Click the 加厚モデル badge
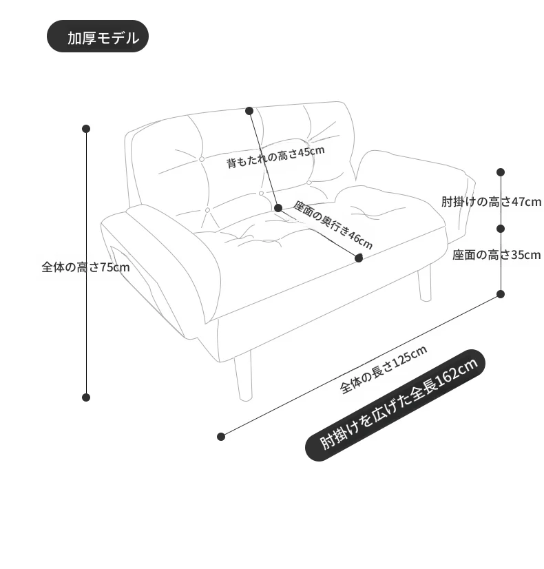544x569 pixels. [x=98, y=37]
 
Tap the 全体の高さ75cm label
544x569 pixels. [x=85, y=267]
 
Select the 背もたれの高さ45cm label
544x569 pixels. [x=275, y=157]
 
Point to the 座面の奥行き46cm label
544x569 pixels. [x=333, y=225]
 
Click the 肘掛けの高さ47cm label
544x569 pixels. [x=491, y=201]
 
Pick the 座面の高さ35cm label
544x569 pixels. [x=496, y=255]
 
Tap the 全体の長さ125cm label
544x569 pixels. [x=384, y=369]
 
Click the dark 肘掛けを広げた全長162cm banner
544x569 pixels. [x=395, y=405]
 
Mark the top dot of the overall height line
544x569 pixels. [x=86, y=129]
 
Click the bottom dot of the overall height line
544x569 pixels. [x=86, y=397]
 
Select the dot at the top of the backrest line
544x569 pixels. [x=249, y=111]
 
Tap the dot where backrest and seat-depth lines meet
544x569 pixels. [x=278, y=208]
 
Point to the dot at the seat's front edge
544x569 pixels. [x=359, y=258]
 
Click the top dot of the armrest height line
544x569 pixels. [x=501, y=172]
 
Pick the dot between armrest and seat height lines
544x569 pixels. [x=501, y=229]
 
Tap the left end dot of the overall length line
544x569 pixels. [x=221, y=437]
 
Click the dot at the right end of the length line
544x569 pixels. [x=501, y=294]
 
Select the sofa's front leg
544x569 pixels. [x=243, y=377]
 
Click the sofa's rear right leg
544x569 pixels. [x=425, y=283]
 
